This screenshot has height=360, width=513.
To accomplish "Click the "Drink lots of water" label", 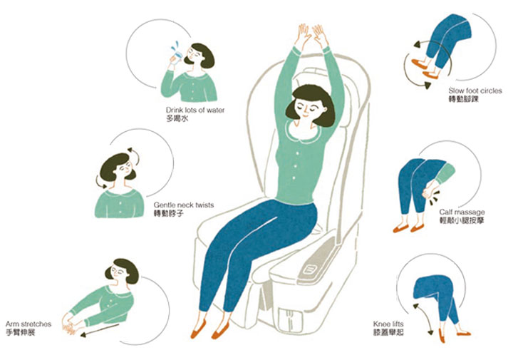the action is [x=195, y=110].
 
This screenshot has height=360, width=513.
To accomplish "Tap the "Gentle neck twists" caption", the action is [x=184, y=205].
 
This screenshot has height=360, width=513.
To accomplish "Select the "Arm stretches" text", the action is [x=28, y=324].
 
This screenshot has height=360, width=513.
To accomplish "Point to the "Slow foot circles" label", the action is [x=475, y=91].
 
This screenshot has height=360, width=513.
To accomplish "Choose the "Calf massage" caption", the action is [x=462, y=212].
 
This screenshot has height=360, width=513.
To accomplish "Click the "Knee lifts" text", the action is [x=388, y=324].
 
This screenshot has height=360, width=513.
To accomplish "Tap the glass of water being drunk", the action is [x=177, y=56].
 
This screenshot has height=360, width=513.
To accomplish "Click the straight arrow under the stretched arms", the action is [x=100, y=330].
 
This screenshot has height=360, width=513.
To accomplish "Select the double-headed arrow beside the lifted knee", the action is [x=424, y=319].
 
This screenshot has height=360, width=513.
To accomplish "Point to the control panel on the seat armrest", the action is [x=309, y=269].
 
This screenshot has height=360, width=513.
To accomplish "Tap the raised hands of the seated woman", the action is [x=311, y=36].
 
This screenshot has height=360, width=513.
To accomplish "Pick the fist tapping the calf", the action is [x=429, y=191].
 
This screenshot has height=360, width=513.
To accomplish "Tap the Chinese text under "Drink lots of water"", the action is [x=177, y=118].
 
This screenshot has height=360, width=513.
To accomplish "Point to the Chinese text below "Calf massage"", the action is [x=462, y=220].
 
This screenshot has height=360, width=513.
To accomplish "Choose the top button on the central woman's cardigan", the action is [x=297, y=153].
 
